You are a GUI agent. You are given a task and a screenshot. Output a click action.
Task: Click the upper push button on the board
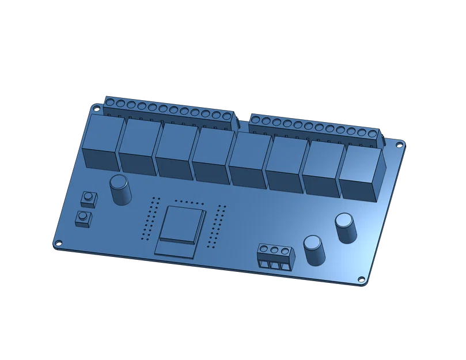click(89, 198)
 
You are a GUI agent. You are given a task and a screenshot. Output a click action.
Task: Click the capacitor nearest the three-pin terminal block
click(314, 249)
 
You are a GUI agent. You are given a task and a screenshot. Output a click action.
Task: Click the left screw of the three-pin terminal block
click(264, 249)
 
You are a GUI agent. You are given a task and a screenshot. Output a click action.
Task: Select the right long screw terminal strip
click(314, 126)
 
